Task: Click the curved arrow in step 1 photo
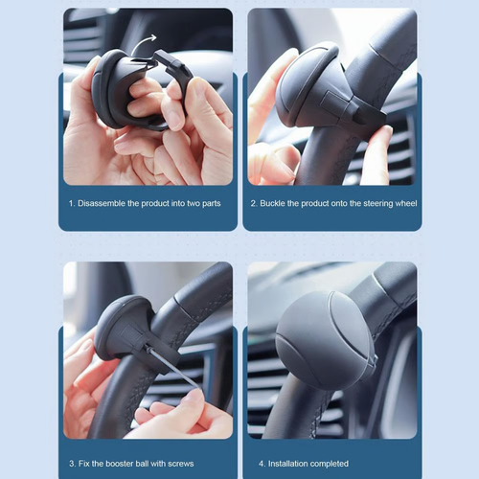(x=147, y=42)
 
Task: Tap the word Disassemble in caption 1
(x=104, y=203)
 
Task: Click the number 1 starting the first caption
(x=70, y=203)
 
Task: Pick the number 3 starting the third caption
(x=70, y=464)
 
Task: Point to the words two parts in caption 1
(x=203, y=203)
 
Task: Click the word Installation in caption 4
(x=286, y=464)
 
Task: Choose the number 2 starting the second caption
(x=254, y=203)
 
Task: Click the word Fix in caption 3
(x=84, y=464)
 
